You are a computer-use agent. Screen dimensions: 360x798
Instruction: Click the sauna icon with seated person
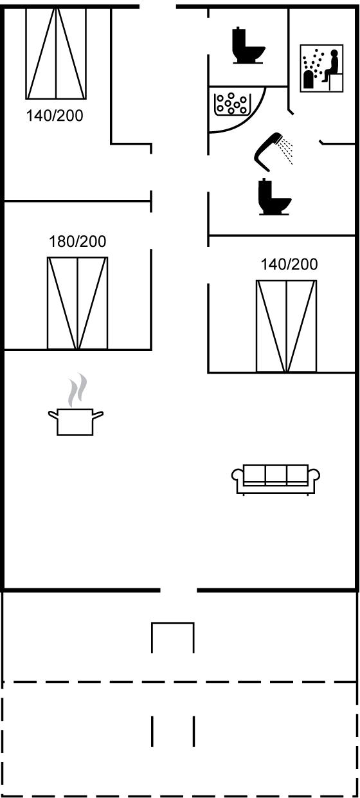point(321,68)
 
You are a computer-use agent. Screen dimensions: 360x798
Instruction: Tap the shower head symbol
point(268,151)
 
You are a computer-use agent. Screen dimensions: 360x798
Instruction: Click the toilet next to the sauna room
point(248,46)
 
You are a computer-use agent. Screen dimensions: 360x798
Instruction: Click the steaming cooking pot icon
point(75,404)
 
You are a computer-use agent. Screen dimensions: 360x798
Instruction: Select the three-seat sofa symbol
point(276,480)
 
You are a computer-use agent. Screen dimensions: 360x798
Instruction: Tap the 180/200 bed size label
point(77,242)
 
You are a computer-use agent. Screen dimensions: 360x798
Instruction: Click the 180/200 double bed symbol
point(77,303)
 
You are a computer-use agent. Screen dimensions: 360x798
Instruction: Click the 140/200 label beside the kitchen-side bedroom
point(55,116)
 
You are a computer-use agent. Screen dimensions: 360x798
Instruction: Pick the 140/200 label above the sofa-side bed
point(289,264)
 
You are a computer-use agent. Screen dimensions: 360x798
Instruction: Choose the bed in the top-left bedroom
point(56,53)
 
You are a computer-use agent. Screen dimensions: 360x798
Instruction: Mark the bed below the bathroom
point(286,326)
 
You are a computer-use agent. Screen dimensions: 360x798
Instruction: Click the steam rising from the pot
point(78,390)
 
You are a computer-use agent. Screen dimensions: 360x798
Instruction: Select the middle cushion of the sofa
point(276,473)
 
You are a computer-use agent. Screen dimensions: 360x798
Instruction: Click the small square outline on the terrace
point(173,638)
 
